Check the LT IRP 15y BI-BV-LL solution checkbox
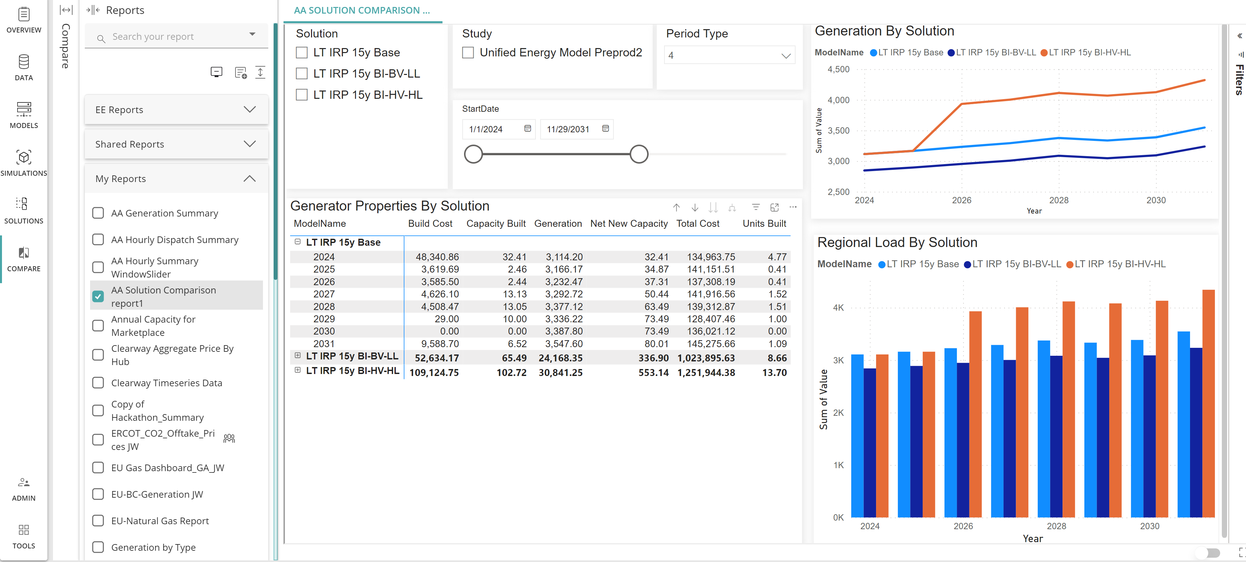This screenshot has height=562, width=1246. (301, 74)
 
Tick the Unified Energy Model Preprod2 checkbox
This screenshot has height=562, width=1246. (468, 52)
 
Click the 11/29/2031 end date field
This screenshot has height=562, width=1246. (568, 129)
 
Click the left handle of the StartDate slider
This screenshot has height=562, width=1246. (473, 155)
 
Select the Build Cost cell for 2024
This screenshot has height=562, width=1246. (437, 257)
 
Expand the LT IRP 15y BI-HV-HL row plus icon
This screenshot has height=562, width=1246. (297, 370)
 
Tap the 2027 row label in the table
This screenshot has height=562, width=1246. (324, 294)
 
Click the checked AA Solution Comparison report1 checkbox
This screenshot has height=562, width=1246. (98, 296)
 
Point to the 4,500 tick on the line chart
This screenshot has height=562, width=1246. (838, 69)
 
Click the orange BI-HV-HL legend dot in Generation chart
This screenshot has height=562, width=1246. (1044, 53)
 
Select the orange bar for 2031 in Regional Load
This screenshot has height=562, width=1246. (1208, 403)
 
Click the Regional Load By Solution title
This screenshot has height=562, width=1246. (897, 242)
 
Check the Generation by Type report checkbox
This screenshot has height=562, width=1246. (98, 547)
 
